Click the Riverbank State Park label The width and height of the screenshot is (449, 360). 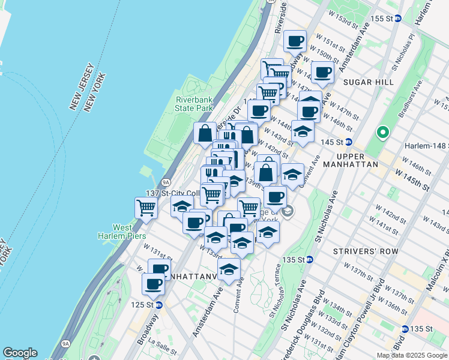coord(194,104)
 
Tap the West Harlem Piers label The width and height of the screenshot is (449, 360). coord(131,232)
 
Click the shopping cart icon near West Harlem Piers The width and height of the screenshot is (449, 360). coord(146,208)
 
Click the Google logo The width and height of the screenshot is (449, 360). coord(20,353)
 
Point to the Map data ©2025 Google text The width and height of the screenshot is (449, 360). coord(411,355)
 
